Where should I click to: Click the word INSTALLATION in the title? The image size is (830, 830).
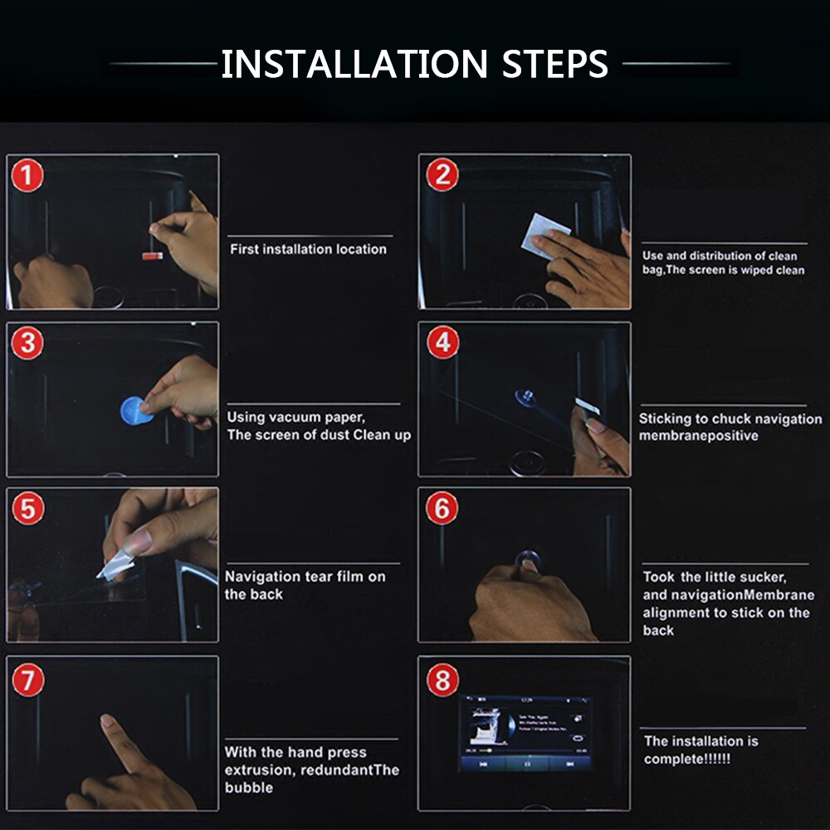click(354, 64)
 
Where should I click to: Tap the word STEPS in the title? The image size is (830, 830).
click(554, 64)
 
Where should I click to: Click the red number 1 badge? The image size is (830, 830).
click(27, 175)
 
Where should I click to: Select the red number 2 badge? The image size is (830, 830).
click(442, 174)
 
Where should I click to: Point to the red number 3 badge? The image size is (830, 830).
click(27, 343)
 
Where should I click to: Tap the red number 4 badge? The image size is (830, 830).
click(442, 343)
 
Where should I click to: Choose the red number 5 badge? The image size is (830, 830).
click(28, 509)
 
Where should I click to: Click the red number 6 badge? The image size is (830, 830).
click(442, 508)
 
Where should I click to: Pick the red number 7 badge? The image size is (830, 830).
click(28, 681)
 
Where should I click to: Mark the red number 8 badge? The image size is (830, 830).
click(442, 680)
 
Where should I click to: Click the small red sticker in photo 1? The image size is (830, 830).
click(153, 256)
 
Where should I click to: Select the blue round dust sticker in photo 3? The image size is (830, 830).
click(135, 412)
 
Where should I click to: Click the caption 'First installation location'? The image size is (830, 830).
click(308, 249)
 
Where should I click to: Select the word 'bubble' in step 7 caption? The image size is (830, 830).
click(249, 788)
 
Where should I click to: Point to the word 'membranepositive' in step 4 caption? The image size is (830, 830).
click(698, 437)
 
